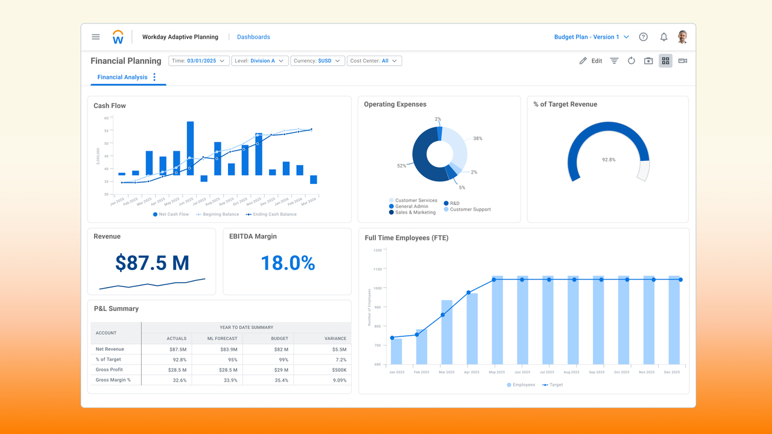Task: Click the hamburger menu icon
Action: (95, 37)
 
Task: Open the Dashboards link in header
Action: (253, 37)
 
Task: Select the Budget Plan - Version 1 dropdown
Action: (591, 37)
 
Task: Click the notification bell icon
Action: (663, 37)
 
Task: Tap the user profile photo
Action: (682, 37)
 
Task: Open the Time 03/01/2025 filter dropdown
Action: (199, 61)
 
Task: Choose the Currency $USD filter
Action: (318, 61)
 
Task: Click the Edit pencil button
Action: (590, 61)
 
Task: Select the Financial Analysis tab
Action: (122, 77)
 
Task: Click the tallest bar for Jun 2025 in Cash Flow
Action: (190, 148)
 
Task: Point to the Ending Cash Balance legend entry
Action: (274, 214)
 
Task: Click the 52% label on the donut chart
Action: (402, 166)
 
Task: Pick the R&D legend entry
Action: (454, 203)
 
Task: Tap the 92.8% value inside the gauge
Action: (609, 160)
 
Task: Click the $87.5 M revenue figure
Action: (152, 263)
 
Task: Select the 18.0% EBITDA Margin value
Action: (288, 263)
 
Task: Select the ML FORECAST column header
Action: (218, 339)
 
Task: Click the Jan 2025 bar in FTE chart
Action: (396, 351)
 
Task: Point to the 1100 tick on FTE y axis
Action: (378, 269)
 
